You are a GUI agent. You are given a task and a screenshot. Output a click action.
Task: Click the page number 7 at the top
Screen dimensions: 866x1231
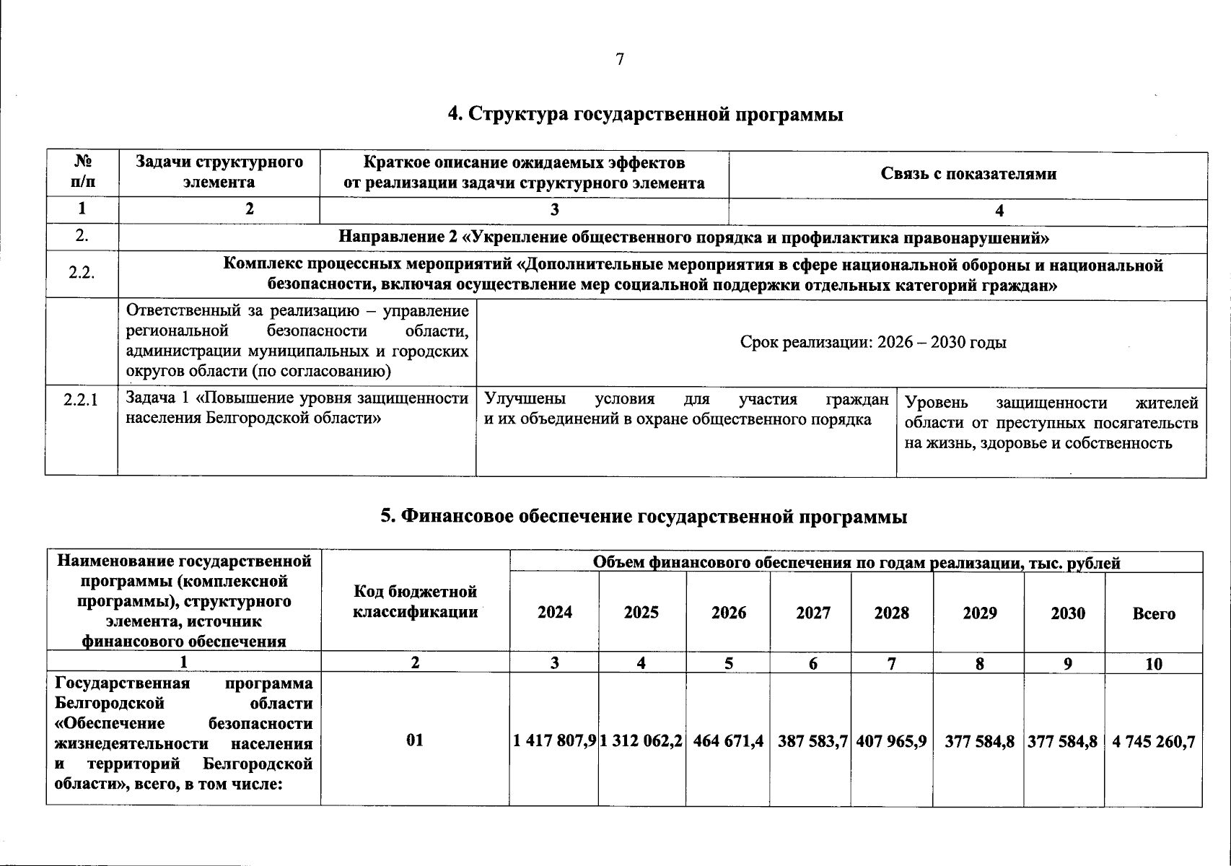pyautogui.click(x=619, y=60)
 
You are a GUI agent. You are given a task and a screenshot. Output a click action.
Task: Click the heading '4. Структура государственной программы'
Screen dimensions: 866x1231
pyautogui.click(x=646, y=114)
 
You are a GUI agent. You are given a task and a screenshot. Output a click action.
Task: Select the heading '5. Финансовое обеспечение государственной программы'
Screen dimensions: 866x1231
pyautogui.click(x=644, y=516)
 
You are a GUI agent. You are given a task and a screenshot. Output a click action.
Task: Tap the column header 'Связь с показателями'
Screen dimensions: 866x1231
pyautogui.click(x=968, y=173)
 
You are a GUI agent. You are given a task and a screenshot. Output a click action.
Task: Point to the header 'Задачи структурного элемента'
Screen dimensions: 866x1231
pyautogui.click(x=219, y=172)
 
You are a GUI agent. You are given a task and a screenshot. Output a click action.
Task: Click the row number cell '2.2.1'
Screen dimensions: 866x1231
pyautogui.click(x=81, y=399)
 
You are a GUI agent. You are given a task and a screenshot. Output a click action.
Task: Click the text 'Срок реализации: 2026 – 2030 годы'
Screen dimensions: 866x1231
pyautogui.click(x=873, y=342)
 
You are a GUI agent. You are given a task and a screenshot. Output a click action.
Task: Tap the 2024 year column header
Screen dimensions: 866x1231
pyautogui.click(x=555, y=613)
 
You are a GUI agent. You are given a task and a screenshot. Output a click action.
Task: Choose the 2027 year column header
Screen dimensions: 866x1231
pyautogui.click(x=813, y=613)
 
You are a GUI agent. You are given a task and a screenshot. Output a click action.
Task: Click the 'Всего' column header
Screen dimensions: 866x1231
pyautogui.click(x=1154, y=613)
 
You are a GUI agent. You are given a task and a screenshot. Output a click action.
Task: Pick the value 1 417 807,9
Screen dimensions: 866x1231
pyautogui.click(x=554, y=741)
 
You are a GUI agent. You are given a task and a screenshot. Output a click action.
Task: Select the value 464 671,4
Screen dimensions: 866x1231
pyautogui.click(x=728, y=741)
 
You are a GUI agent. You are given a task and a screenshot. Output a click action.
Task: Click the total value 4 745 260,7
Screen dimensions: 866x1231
pyautogui.click(x=1154, y=741)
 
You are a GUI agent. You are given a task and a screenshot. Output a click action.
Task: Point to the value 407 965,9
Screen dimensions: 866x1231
pyautogui.click(x=892, y=741)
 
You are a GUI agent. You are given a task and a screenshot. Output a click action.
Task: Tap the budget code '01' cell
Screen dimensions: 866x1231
pyautogui.click(x=415, y=740)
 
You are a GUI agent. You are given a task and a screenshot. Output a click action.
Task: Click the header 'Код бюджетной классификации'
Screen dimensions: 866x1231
pyautogui.click(x=416, y=602)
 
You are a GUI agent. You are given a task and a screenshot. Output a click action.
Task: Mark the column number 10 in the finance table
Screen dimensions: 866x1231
pyautogui.click(x=1154, y=664)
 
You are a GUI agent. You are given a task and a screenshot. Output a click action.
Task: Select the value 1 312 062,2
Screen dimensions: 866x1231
pyautogui.click(x=641, y=741)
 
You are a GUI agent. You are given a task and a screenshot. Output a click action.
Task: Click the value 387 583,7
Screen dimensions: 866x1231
pyautogui.click(x=812, y=741)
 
